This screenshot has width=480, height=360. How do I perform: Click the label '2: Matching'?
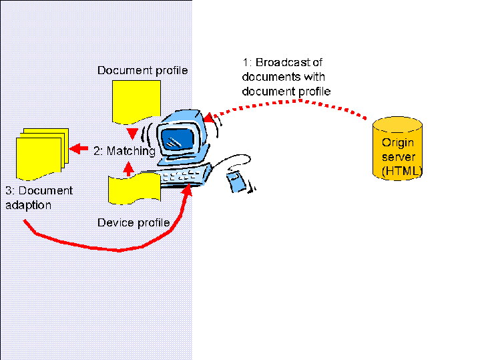124,152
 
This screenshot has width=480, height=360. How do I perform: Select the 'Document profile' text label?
143,70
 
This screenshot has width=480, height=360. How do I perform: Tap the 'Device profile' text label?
134,222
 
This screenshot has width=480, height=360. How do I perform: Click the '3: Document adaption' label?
39,198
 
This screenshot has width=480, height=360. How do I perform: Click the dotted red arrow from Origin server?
300,102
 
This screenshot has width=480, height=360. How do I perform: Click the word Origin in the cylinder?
397,143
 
